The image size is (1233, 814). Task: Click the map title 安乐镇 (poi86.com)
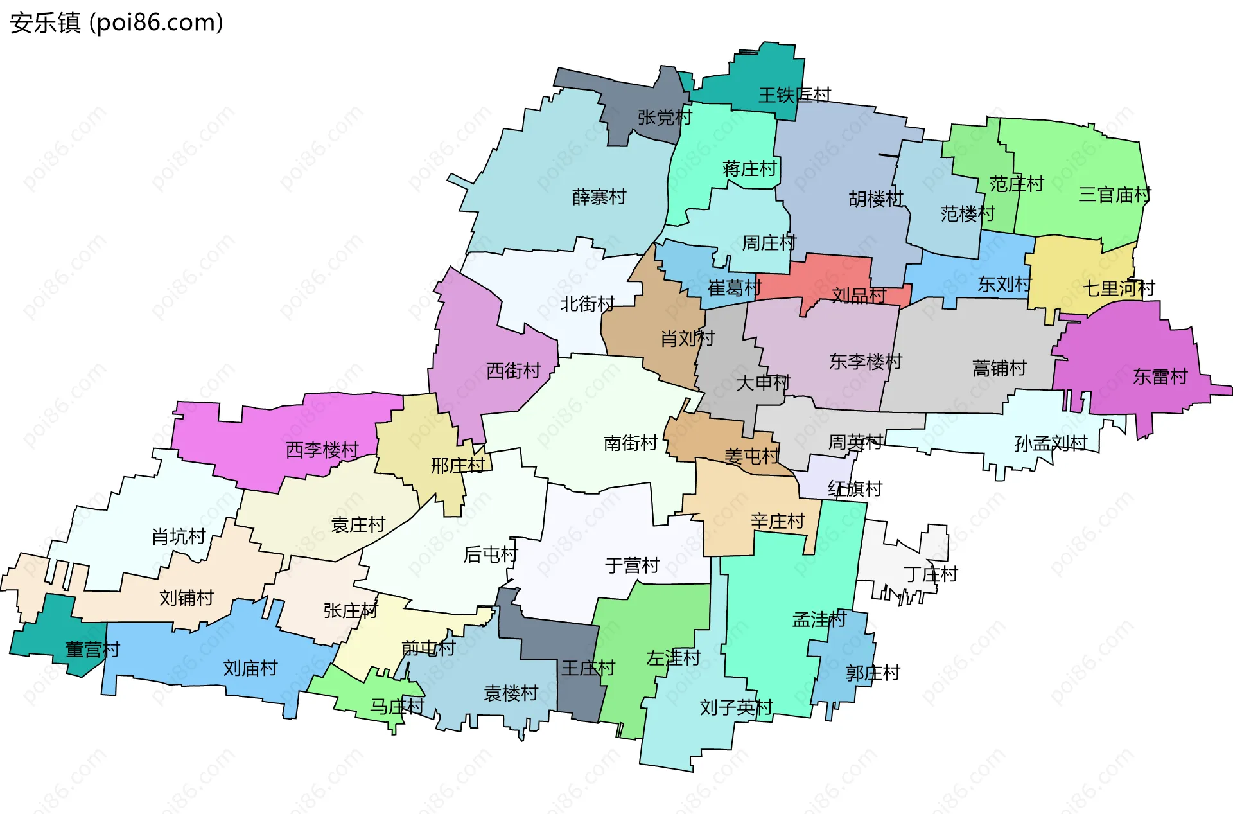click(x=116, y=22)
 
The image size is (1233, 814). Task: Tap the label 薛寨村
click(x=599, y=197)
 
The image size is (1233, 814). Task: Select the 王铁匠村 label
click(x=794, y=95)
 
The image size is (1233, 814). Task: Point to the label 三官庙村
click(x=1114, y=194)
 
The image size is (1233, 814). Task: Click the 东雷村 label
click(x=1160, y=376)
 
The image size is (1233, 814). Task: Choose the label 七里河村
click(x=1119, y=288)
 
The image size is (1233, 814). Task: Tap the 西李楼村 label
click(x=322, y=450)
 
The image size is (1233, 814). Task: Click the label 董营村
click(x=92, y=650)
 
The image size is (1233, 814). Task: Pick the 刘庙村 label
click(x=250, y=668)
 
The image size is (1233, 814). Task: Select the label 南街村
click(x=630, y=443)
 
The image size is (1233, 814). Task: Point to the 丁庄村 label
click(x=930, y=574)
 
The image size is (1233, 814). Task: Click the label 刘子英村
click(x=736, y=707)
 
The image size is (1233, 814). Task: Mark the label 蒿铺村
click(x=999, y=368)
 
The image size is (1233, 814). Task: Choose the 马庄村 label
click(x=397, y=707)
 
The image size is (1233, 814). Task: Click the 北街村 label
click(x=587, y=304)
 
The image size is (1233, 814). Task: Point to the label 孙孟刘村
click(x=1051, y=443)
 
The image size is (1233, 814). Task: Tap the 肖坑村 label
click(x=179, y=536)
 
